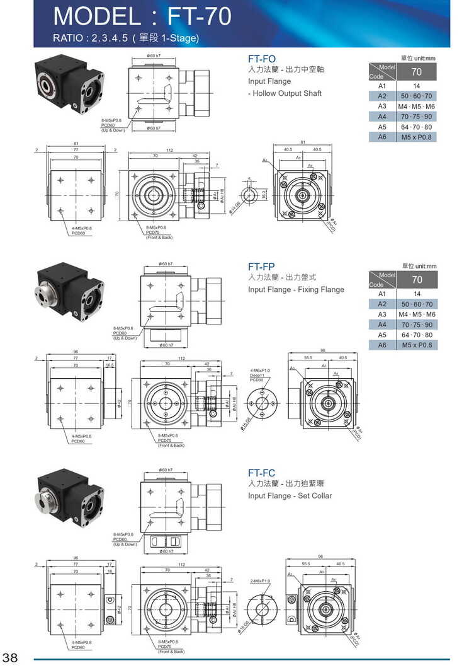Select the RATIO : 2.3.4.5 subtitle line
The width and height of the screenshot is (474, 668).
126,38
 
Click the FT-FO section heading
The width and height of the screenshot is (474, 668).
262,59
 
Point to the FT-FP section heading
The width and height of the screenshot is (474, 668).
261,267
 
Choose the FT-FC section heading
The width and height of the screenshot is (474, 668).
261,473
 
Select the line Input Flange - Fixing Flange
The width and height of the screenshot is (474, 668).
296,289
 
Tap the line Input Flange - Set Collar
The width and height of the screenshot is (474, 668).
290,495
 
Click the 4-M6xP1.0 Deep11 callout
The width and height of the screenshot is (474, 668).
260,375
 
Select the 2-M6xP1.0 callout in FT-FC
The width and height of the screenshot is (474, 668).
260,580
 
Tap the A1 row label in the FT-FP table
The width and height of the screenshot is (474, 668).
381,294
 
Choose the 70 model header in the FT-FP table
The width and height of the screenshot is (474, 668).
416,279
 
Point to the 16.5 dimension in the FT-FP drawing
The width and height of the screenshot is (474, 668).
110,365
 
